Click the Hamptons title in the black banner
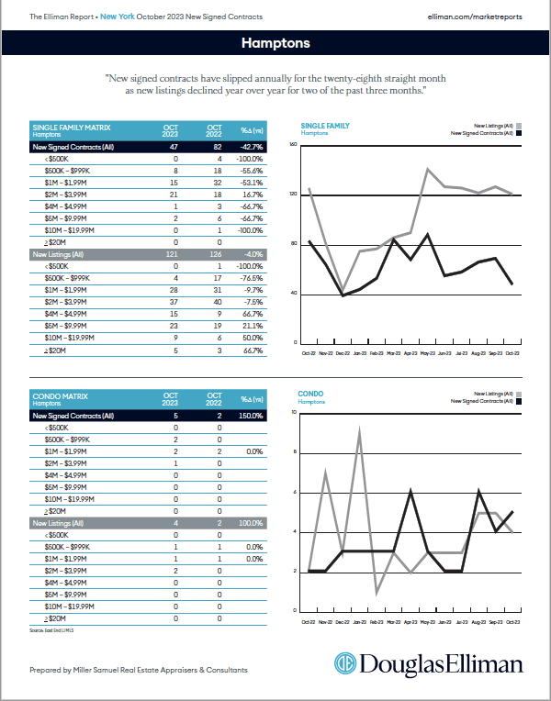coord(275,43)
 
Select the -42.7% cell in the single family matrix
coord(252,146)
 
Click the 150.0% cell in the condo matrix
coord(252,415)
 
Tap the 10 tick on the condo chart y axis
coord(294,413)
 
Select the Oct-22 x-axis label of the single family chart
coord(309,352)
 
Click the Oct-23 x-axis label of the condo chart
coord(512,620)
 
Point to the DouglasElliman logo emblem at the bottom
coord(345,664)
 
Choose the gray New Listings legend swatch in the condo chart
coord(520,394)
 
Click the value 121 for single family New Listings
coord(171,254)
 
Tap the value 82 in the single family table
coord(214,146)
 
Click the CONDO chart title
coord(311,395)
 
